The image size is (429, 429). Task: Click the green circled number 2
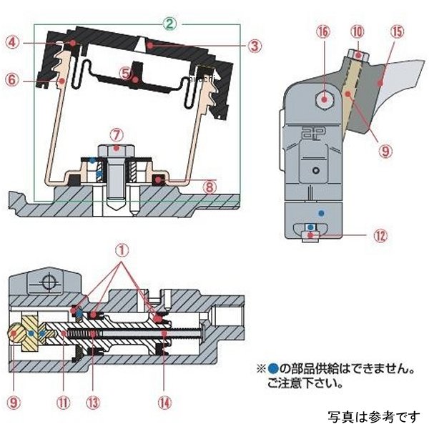(169, 23)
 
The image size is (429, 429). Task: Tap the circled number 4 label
(14, 42)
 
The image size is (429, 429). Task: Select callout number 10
(357, 32)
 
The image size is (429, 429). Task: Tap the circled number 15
(398, 33)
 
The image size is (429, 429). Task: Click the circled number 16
(325, 33)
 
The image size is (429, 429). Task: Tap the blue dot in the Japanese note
(272, 370)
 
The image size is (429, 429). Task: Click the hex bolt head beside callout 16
(325, 99)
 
